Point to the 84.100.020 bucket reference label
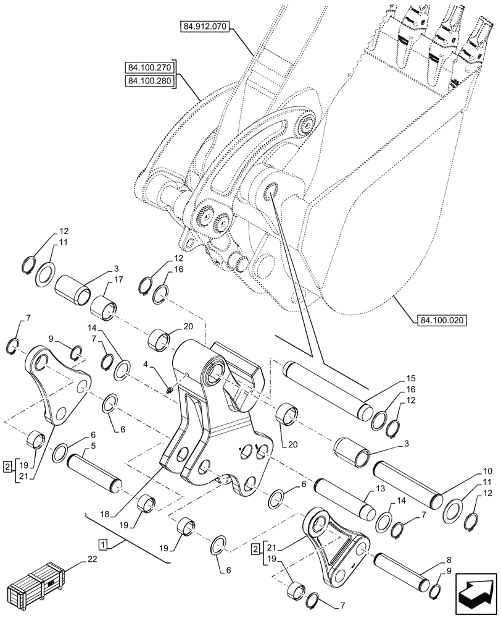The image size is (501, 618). pyautogui.click(x=442, y=320)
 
